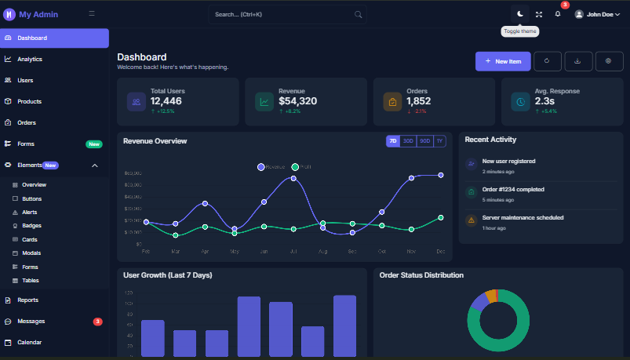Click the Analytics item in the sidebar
[x=30, y=59]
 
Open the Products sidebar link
[x=29, y=101]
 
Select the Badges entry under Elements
[x=31, y=226]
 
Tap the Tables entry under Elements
[x=30, y=280]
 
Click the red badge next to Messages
[x=97, y=322]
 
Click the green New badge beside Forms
[x=94, y=144]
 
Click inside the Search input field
[x=282, y=14]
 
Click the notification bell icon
[x=558, y=14]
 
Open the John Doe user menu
[x=598, y=14]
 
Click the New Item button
[x=503, y=61]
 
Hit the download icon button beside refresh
[x=578, y=61]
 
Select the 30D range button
[x=407, y=141]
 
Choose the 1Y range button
[x=439, y=141]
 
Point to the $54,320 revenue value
[x=297, y=101]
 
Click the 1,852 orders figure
[x=418, y=101]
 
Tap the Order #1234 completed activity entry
[x=513, y=189]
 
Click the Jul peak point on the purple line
[x=293, y=178]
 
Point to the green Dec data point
[x=441, y=217]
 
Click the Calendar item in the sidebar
[x=29, y=343]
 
